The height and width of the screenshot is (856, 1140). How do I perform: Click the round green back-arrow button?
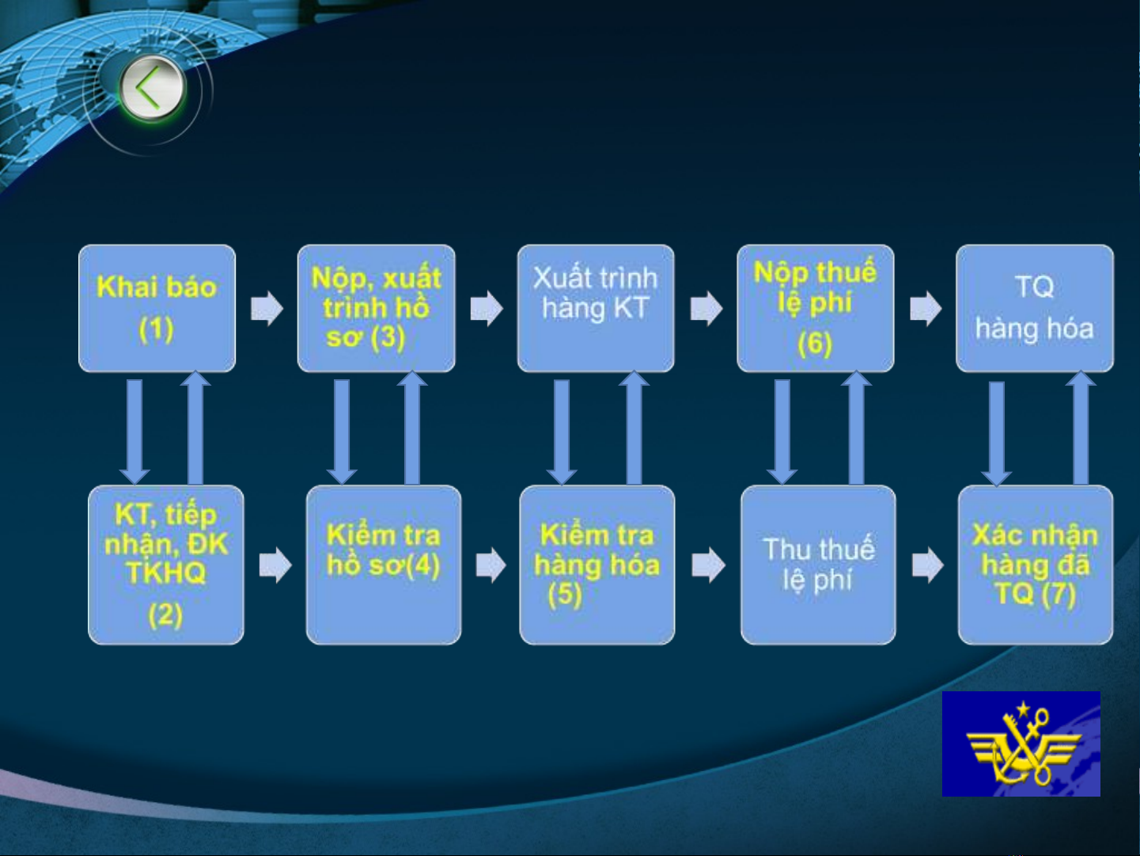[x=152, y=88]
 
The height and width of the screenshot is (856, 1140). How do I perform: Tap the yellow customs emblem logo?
[x=1021, y=744]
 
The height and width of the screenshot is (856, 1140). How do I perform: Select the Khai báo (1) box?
[x=157, y=308]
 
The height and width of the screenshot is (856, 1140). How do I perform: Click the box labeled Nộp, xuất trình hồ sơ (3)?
[x=377, y=308]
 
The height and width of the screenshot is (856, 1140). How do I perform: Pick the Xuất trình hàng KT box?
[x=596, y=308]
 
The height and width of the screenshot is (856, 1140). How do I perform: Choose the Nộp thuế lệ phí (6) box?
[x=816, y=308]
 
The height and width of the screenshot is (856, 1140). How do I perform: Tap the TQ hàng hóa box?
[x=1035, y=308]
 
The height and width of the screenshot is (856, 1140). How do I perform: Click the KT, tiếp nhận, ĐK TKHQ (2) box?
[x=165, y=565]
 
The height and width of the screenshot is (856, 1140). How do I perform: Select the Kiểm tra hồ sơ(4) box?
[x=384, y=565]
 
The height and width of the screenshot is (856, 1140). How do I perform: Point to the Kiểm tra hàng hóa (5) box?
[x=597, y=565]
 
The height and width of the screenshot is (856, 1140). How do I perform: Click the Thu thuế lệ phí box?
[x=819, y=565]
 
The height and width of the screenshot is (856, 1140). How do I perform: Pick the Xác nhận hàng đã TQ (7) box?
[x=1036, y=565]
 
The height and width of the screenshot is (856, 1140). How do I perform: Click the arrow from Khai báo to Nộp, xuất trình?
[x=267, y=308]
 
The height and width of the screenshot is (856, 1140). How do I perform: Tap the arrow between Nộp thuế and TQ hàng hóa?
[x=926, y=308]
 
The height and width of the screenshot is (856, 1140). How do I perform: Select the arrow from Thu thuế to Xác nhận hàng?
[x=928, y=565]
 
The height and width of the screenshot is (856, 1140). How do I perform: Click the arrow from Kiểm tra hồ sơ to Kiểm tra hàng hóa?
[x=490, y=565]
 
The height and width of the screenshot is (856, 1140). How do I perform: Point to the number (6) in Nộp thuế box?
[x=815, y=344]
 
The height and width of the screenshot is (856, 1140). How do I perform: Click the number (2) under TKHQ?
[x=165, y=615]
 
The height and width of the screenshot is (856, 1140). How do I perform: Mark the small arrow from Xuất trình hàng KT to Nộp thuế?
[x=706, y=308]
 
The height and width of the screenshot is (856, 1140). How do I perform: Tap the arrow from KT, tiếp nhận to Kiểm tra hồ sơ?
[x=275, y=565]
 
